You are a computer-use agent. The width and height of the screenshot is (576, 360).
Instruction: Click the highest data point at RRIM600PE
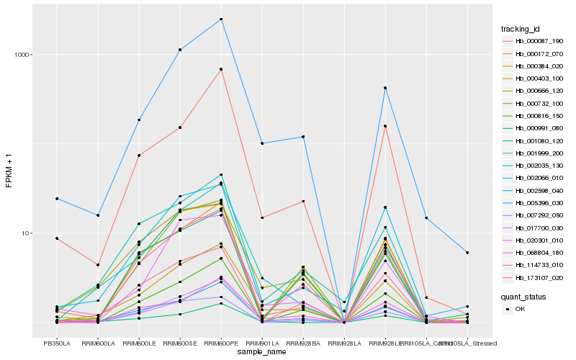(221, 19)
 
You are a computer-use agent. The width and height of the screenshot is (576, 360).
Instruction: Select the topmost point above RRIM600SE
(180, 50)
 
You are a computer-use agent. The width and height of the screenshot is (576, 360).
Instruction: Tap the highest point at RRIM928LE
(386, 88)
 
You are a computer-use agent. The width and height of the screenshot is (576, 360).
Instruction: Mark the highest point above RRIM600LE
(139, 120)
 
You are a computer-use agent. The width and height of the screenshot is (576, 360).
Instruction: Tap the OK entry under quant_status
(521, 309)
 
